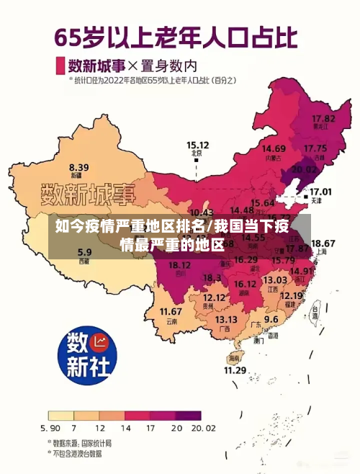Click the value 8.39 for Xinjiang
[x=78, y=166]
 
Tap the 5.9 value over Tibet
[x=84, y=252]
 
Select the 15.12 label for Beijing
[x=197, y=144]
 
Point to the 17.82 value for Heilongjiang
[x=323, y=117]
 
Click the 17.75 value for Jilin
[x=315, y=148]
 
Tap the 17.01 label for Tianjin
[x=320, y=192]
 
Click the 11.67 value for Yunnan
[x=171, y=311]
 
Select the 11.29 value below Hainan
[x=235, y=370]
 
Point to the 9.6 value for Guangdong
[x=271, y=318]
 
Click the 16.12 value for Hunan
[x=245, y=284]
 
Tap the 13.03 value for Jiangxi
[x=274, y=280]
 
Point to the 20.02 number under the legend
[x=203, y=428]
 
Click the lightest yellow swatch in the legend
[x=60, y=416]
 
